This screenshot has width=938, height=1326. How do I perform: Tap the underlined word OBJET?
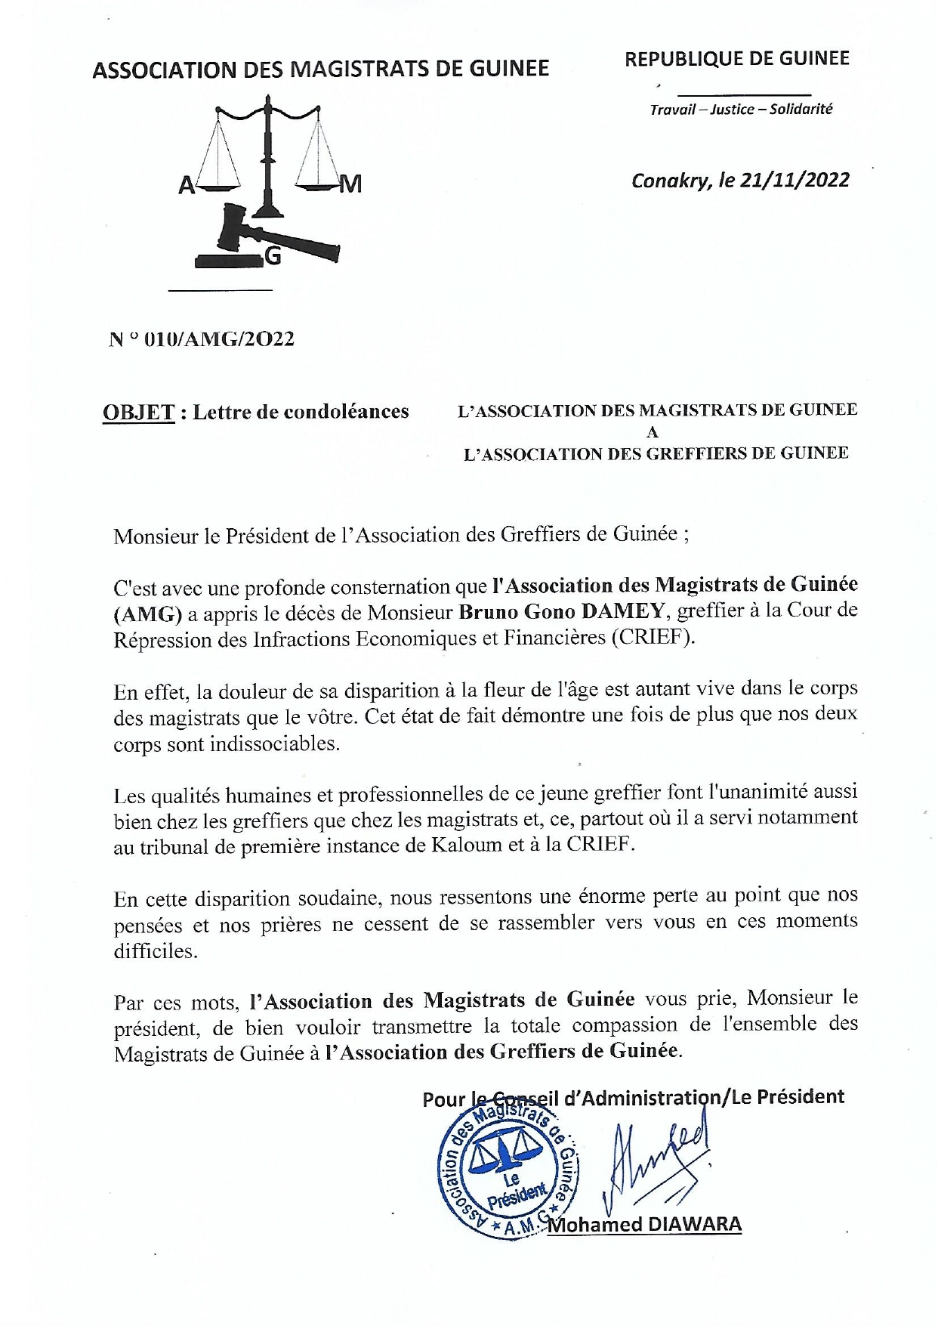point(138,413)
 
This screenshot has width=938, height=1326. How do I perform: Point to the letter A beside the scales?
point(186,185)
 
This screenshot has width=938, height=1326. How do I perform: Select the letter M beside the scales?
point(351,184)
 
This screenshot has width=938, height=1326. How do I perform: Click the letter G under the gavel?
point(273,258)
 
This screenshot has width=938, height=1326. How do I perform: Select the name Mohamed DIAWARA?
point(646,1225)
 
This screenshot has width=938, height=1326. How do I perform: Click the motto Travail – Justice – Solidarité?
point(741,110)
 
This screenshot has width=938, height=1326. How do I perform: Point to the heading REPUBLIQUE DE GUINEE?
point(736,59)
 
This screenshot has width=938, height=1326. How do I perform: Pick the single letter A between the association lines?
point(653,433)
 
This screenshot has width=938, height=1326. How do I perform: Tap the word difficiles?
point(156,951)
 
